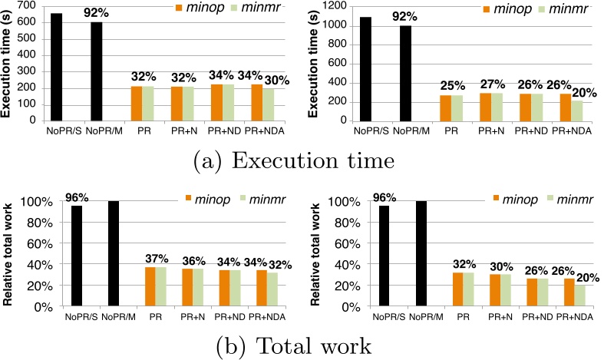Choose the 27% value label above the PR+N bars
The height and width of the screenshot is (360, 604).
click(494, 82)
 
